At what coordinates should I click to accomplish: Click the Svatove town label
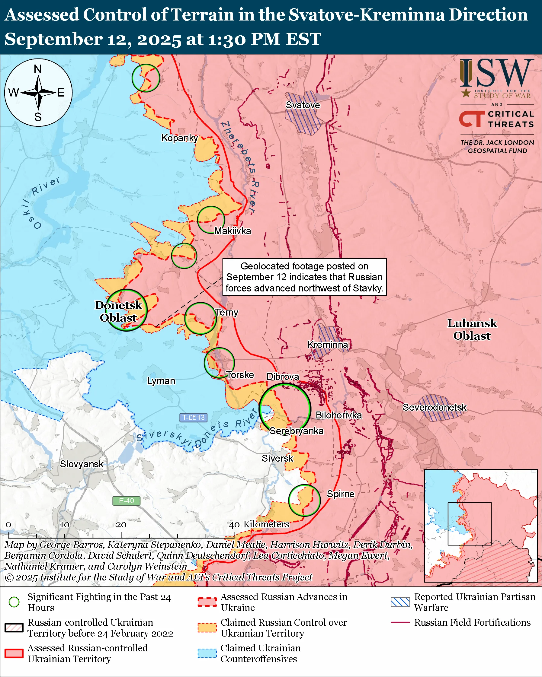[x=303, y=105]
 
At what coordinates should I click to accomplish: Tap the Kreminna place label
[x=328, y=345]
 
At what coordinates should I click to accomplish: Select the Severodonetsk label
[x=435, y=407]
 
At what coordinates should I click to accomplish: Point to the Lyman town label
[x=161, y=381]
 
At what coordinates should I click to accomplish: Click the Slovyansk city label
[x=82, y=464]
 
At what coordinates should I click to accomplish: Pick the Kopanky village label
[x=180, y=138]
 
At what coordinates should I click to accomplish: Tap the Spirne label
[x=341, y=494]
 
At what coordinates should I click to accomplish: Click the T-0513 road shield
[x=194, y=418]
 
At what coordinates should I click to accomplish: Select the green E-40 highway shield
[x=126, y=501]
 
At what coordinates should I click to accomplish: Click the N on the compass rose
[x=38, y=69]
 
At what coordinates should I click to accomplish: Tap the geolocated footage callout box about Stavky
[x=304, y=277]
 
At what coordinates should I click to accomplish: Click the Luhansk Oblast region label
[x=472, y=329]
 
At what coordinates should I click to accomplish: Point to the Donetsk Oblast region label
[x=118, y=311]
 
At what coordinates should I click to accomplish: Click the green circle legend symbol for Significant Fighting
[x=14, y=602]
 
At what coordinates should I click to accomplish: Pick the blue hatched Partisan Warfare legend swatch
[x=400, y=602]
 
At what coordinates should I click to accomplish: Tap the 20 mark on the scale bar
[x=121, y=525]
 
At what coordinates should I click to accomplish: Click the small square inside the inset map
[x=470, y=524]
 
